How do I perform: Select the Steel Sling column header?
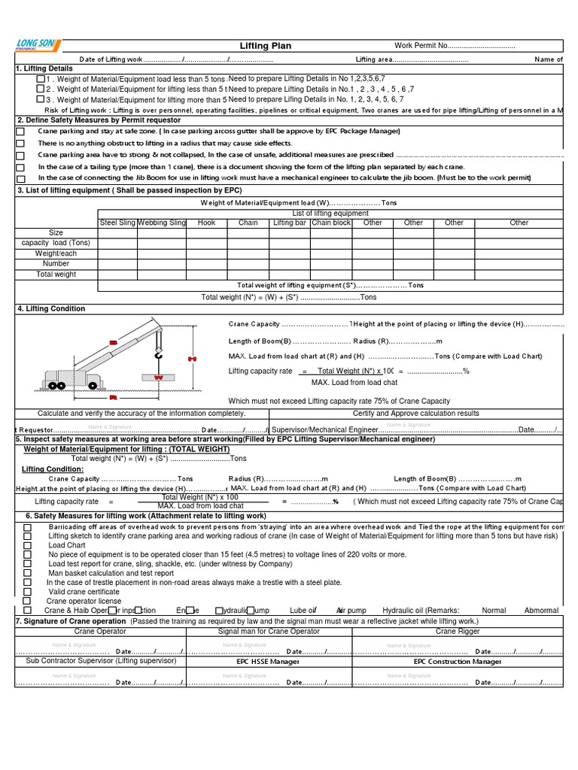click(118, 223)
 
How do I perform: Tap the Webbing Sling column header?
click(162, 223)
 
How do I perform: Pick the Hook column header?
click(206, 223)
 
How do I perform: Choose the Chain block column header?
click(331, 223)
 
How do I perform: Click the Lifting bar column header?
click(290, 223)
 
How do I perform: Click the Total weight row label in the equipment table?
click(56, 274)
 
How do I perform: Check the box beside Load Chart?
click(28, 545)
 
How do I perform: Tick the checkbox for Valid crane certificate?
click(28, 591)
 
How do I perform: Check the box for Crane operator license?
click(28, 601)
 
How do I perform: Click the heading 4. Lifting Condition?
click(50, 308)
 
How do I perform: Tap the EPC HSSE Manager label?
click(268, 662)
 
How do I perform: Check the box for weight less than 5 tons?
click(41, 79)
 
